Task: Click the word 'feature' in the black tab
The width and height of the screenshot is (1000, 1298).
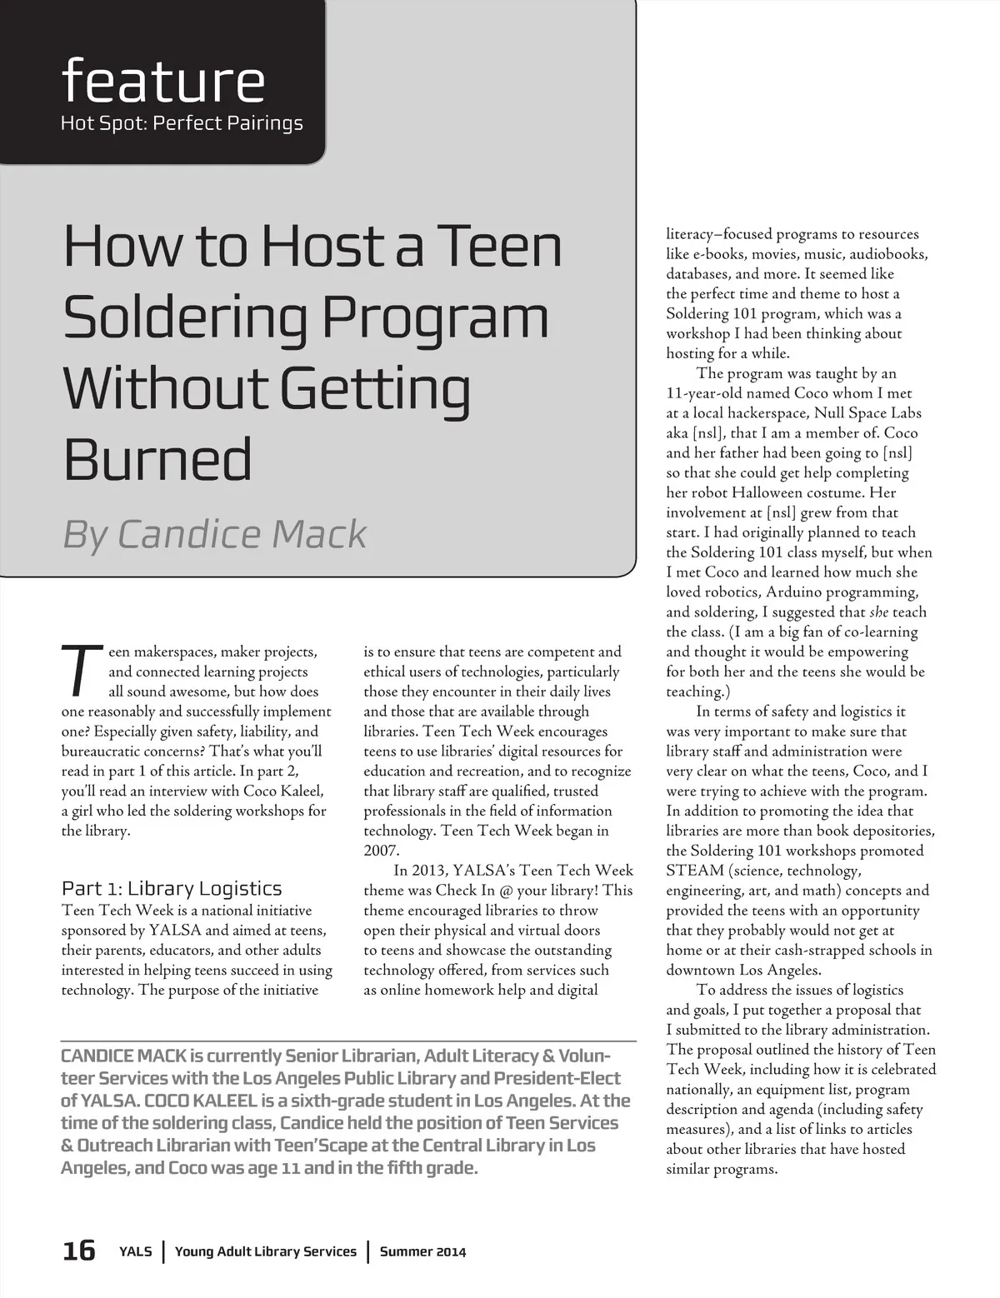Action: tap(163, 81)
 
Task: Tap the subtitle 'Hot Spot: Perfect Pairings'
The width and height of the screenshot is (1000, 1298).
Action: tap(182, 123)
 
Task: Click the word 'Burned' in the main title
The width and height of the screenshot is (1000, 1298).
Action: tap(157, 459)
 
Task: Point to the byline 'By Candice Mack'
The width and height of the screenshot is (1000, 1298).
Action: tap(215, 534)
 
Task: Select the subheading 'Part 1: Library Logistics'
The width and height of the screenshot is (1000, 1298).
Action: tap(172, 888)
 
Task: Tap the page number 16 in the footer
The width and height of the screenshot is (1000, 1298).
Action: tap(79, 1251)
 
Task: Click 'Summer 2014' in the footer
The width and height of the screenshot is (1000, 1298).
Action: tap(422, 1251)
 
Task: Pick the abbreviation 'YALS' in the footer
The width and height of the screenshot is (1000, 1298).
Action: tap(136, 1251)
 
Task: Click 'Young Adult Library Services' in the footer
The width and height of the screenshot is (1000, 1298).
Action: tap(265, 1251)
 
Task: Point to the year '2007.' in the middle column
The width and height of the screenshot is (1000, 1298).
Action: tap(382, 851)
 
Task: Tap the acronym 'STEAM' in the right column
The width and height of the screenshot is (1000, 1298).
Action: tap(694, 871)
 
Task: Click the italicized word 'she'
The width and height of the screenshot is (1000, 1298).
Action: tap(878, 612)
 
